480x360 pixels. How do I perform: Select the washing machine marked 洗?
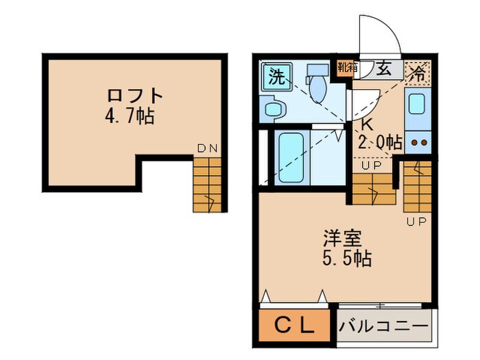click(276, 75)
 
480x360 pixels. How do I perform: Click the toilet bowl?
click(317, 85)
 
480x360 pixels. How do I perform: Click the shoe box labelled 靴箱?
click(347, 67)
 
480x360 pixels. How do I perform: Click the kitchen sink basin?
click(418, 104)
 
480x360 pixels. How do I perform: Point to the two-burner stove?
click(418, 143)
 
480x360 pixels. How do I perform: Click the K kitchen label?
click(367, 125)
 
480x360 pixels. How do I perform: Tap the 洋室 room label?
click(342, 240)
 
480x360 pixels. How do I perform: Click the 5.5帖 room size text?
click(347, 259)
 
